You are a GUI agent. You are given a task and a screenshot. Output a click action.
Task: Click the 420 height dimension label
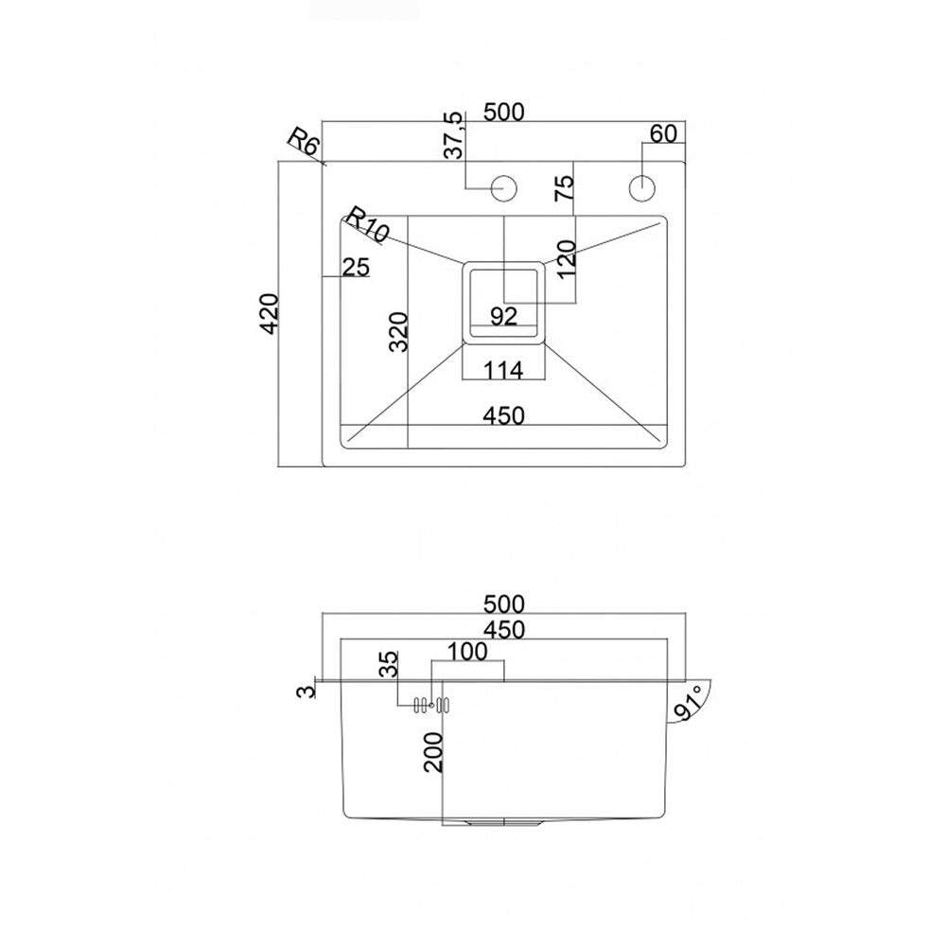point(270,313)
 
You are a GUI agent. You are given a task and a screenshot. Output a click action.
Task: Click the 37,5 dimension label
point(454,135)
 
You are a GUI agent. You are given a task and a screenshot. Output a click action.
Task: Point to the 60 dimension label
point(664,133)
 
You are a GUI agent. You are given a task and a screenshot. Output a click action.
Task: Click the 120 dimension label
point(567,259)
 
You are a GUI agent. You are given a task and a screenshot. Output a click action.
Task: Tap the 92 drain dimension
point(503,316)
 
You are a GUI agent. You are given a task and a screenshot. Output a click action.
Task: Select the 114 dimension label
point(503,370)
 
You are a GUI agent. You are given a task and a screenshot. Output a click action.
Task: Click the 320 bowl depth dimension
point(399,331)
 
